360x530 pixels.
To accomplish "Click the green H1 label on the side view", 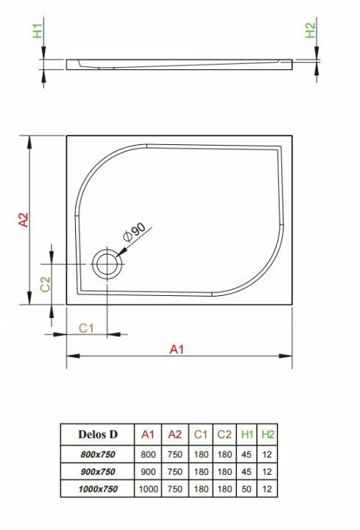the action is [38, 31].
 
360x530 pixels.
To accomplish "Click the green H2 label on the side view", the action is [311, 30].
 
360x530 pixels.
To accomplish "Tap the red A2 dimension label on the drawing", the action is [24, 219].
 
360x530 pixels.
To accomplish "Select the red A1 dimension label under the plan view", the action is [177, 349].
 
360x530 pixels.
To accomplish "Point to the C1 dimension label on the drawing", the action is [86, 328].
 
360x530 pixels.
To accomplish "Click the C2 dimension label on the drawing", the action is [45, 284].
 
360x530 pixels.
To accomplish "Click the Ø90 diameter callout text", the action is [134, 233].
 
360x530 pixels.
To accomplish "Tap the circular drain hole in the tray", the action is [107, 264].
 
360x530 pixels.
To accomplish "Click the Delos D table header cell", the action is [98, 434].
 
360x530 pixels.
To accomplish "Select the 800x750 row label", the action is [98, 454].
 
